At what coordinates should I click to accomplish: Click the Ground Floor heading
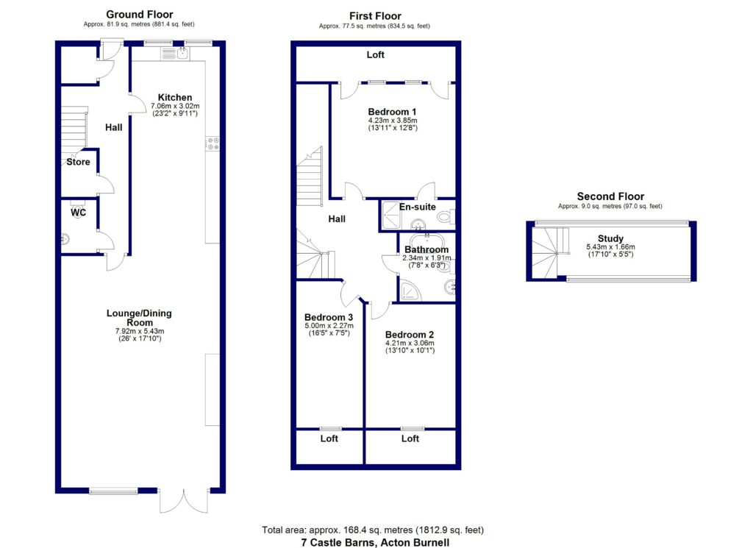coord(140,14)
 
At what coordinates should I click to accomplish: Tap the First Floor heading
coord(374,15)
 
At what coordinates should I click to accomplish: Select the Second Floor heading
coord(610,196)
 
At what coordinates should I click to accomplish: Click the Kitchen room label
coord(175,97)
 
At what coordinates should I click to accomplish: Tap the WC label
coord(79,213)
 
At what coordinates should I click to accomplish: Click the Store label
coord(78,162)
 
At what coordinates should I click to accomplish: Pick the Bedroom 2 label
coord(409,333)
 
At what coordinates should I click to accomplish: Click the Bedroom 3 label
coord(329,317)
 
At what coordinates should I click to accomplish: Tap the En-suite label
coord(418,207)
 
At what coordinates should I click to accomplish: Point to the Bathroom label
coord(426,249)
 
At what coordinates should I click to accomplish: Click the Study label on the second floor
coord(610,238)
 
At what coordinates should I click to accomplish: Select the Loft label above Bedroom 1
coord(376,55)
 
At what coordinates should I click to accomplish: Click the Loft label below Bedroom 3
coord(329,438)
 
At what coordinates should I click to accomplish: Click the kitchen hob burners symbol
coord(213,143)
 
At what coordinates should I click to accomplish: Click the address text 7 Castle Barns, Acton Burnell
coord(375,542)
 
